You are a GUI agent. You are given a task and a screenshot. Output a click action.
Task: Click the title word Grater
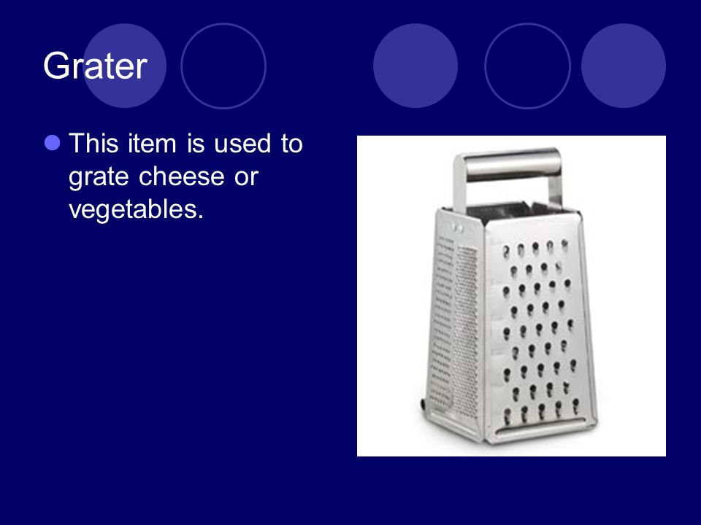pyautogui.click(x=95, y=66)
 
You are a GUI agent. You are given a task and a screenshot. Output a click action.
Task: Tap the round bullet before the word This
pyautogui.click(x=53, y=143)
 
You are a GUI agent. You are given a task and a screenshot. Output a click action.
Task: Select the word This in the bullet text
pyautogui.click(x=94, y=144)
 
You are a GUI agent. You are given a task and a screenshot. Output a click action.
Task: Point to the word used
pyautogui.click(x=242, y=144)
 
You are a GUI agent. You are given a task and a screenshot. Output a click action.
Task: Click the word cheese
pyautogui.click(x=182, y=176)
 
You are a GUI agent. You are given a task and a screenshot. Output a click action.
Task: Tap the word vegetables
pyautogui.click(x=136, y=209)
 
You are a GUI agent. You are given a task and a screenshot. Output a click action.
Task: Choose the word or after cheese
pyautogui.click(x=246, y=177)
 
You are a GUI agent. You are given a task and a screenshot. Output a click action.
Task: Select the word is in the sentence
pyautogui.click(x=196, y=144)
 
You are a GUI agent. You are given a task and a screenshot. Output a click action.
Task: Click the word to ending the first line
pyautogui.click(x=291, y=144)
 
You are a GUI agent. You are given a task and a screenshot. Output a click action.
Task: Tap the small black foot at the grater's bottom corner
pyautogui.click(x=423, y=403)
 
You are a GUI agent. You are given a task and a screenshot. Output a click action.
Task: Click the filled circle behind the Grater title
pyautogui.click(x=125, y=66)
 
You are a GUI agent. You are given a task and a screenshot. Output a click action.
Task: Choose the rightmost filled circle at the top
pyautogui.click(x=624, y=66)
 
